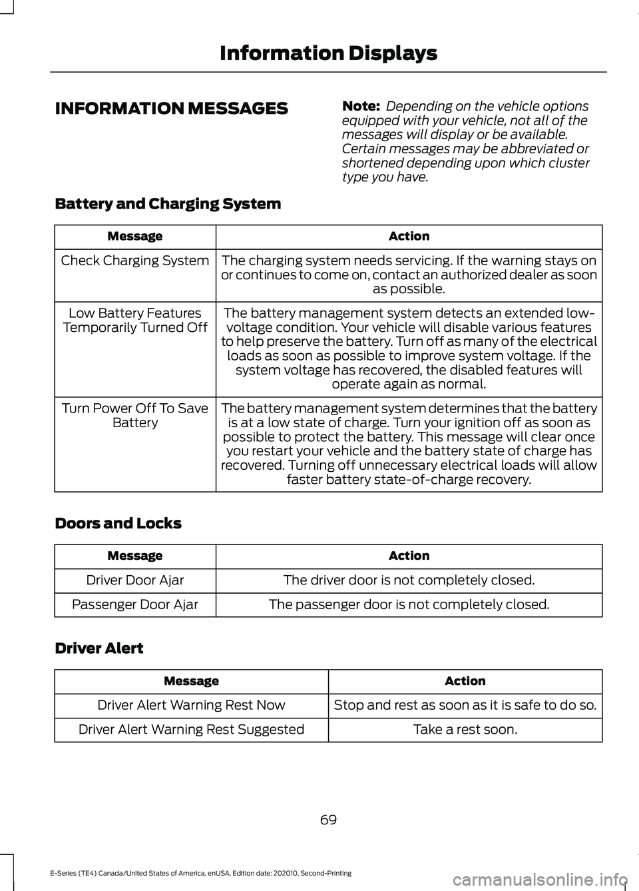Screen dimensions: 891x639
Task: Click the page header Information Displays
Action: click(x=328, y=53)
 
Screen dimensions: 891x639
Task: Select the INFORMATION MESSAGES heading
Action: click(x=172, y=109)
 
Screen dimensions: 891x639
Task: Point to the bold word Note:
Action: click(x=361, y=106)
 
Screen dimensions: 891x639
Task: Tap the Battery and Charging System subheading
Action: click(x=168, y=204)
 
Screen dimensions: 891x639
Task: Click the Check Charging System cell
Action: click(x=135, y=261)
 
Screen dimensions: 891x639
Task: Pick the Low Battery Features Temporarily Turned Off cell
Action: click(x=135, y=321)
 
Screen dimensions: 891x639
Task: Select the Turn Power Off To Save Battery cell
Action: click(x=135, y=415)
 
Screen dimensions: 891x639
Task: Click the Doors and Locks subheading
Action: click(x=118, y=523)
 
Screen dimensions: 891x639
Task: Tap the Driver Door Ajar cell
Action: click(x=135, y=580)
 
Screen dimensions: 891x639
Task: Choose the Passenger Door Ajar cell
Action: click(x=135, y=604)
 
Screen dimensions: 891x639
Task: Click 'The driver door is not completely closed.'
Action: click(x=409, y=580)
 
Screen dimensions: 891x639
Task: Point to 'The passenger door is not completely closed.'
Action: click(x=409, y=604)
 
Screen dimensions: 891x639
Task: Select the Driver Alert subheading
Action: click(x=99, y=648)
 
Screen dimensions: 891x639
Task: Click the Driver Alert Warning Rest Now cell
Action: click(x=191, y=705)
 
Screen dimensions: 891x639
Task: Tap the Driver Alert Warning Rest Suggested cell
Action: click(x=191, y=729)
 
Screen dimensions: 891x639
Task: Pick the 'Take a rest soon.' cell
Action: click(x=465, y=729)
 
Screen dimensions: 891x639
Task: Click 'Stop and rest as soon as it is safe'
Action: click(x=465, y=705)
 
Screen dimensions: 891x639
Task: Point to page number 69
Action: click(x=328, y=820)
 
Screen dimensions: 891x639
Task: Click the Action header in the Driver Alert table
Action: click(x=465, y=681)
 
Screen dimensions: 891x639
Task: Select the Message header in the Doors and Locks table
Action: click(x=135, y=556)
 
